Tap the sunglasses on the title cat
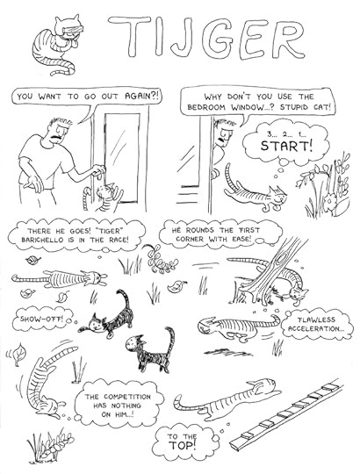[73, 30]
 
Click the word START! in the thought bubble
[286, 147]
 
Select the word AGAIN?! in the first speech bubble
[141, 97]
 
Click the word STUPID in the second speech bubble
[294, 107]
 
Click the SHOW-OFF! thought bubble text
[41, 319]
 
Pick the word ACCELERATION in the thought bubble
[315, 328]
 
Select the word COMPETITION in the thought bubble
[127, 397]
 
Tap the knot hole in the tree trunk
[284, 259]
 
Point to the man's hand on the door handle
[99, 170]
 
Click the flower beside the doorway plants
[329, 201]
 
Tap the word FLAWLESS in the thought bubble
[316, 320]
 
